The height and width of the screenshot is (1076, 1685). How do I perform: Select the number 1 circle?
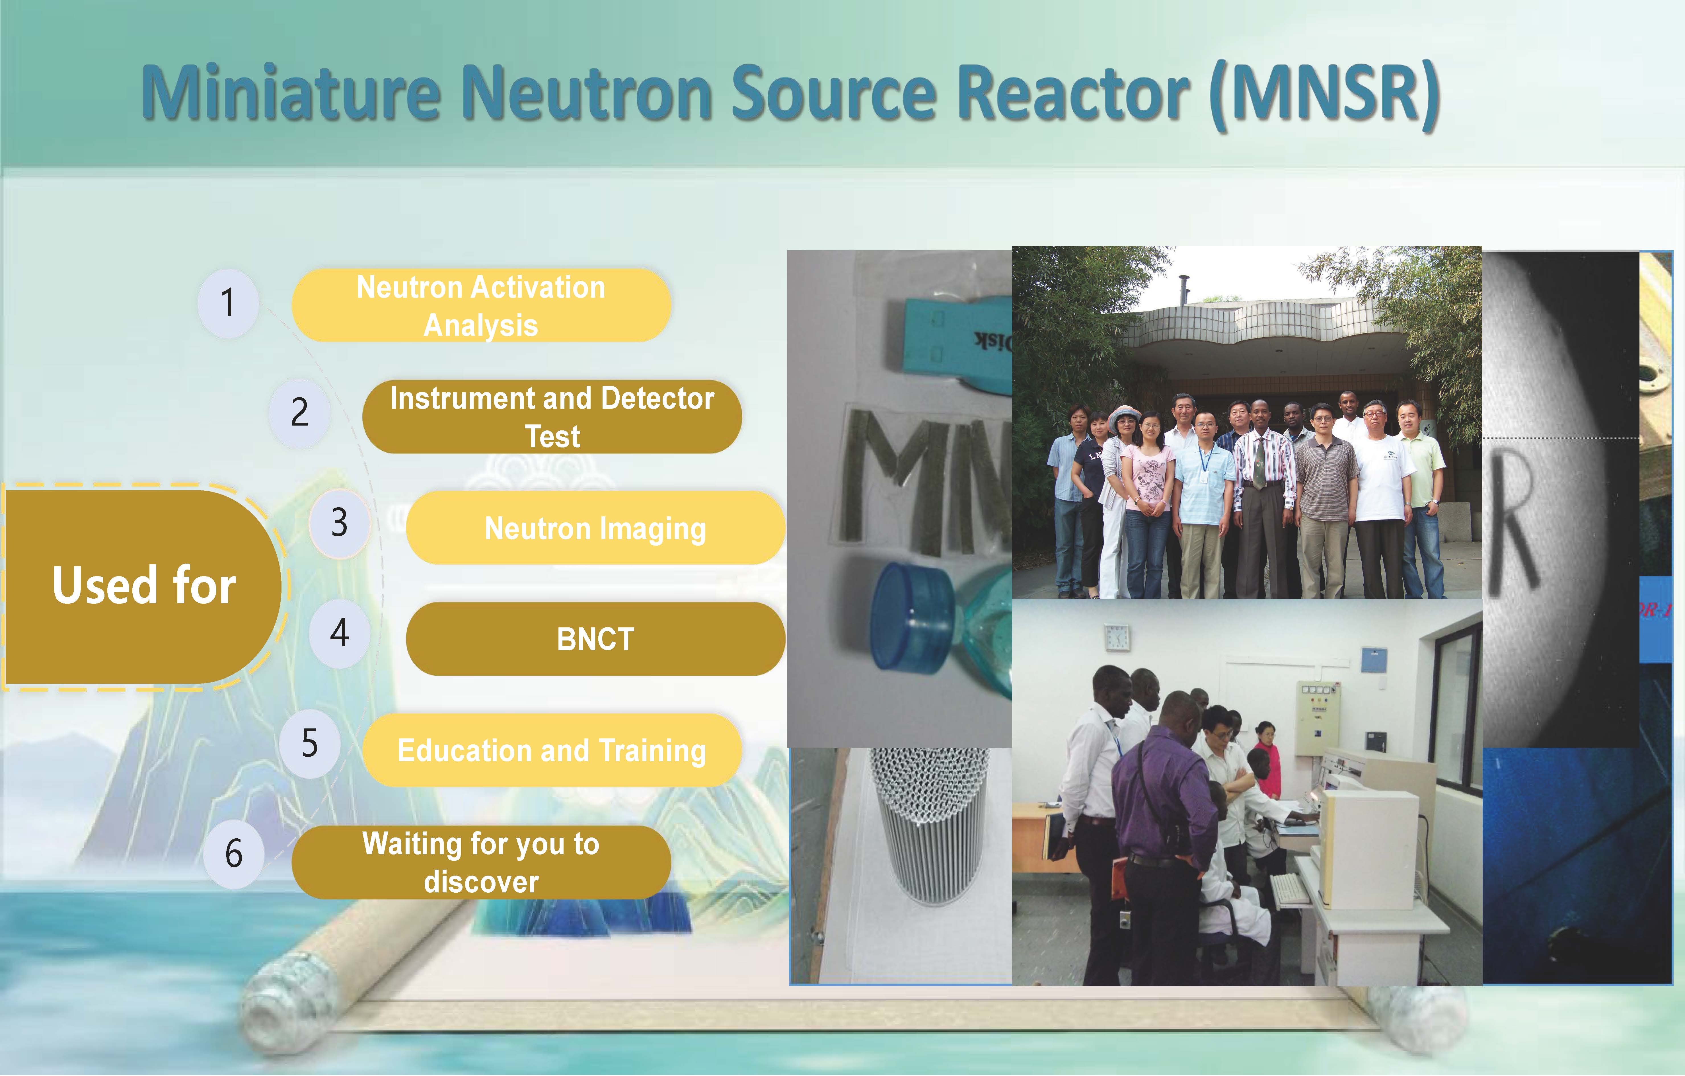click(228, 303)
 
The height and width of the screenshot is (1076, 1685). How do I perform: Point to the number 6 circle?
click(234, 853)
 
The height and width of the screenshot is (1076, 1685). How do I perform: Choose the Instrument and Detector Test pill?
click(552, 417)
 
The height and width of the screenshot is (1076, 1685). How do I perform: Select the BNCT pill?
click(595, 639)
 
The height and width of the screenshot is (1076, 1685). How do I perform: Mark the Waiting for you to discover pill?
click(481, 862)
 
